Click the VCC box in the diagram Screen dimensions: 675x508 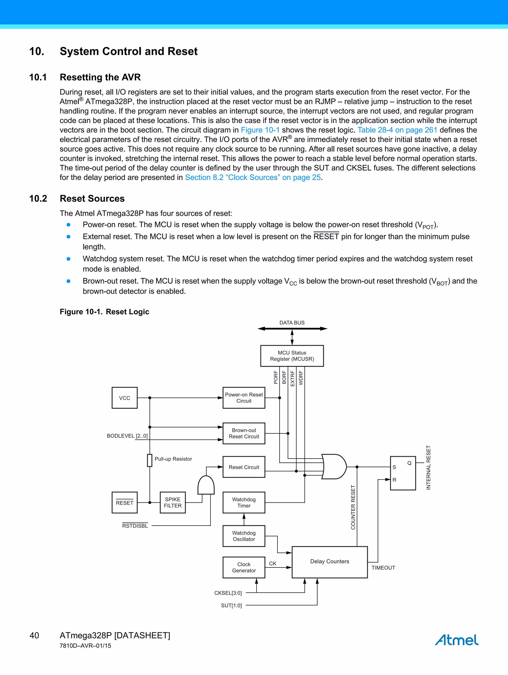(125, 398)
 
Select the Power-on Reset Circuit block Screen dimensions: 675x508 (244, 398)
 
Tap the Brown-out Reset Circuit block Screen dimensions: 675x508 (244, 433)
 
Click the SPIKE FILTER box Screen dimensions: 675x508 (173, 502)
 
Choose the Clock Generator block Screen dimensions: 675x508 (244, 567)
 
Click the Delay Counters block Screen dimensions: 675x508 (329, 562)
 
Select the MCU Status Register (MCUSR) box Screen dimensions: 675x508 (292, 356)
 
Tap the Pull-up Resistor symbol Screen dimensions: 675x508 (149, 460)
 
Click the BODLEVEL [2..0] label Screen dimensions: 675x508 (127, 436)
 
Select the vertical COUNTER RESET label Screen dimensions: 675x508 (353, 507)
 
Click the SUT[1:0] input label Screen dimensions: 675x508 (231, 605)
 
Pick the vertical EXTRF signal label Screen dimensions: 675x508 (292, 378)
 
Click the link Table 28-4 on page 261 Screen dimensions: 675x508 (397, 130)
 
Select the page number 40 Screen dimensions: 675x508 (34, 635)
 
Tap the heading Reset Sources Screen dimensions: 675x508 (92, 199)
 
